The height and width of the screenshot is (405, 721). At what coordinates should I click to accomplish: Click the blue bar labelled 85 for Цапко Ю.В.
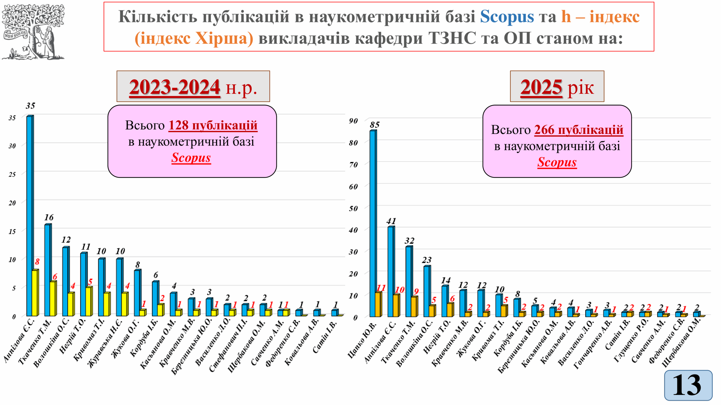373,224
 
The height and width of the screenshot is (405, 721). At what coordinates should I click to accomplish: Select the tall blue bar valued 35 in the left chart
29,216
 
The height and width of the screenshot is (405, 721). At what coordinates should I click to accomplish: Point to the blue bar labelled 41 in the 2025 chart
390,271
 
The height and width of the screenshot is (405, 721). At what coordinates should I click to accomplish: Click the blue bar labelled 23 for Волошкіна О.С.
426,291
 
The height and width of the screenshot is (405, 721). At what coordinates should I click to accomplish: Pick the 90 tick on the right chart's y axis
353,121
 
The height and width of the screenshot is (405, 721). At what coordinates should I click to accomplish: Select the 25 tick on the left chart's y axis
12,174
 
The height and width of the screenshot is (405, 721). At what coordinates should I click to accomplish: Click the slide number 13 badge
688,385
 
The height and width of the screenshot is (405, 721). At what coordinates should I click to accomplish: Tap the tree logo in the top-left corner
33,31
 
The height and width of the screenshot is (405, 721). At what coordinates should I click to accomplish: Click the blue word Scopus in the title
507,16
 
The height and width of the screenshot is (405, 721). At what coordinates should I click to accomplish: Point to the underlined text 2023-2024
175,87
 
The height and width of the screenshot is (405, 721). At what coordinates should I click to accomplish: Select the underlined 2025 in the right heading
541,87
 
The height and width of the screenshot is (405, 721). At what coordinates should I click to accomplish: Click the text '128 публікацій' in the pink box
213,125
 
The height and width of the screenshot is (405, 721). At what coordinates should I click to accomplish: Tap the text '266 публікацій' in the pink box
578,130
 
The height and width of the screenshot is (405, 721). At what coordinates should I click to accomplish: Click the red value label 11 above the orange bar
381,288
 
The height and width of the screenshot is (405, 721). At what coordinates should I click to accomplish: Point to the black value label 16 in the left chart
49,217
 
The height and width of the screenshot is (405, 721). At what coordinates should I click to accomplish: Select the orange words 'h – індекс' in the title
600,16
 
